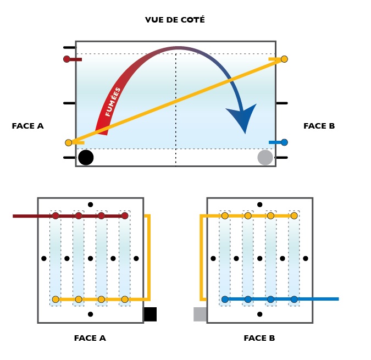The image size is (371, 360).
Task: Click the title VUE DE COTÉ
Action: point(175,20)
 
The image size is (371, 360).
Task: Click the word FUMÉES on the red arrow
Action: point(113,102)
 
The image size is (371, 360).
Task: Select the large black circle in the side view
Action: point(86,158)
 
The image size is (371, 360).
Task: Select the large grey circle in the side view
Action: point(265,158)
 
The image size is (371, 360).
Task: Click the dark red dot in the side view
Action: point(67,59)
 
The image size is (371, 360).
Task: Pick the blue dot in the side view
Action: point(284,142)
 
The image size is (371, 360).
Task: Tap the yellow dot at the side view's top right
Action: point(284,59)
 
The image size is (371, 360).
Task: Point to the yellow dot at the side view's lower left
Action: point(69,143)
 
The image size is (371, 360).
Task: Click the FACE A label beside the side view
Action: point(27,126)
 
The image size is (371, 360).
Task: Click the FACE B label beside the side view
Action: point(319,126)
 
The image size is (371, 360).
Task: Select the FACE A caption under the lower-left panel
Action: point(90,338)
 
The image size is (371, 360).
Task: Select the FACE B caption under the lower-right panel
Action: point(259,338)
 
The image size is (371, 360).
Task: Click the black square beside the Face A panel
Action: point(150,314)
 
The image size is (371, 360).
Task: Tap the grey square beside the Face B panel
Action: point(200,314)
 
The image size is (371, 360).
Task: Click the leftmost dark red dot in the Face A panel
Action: point(56,215)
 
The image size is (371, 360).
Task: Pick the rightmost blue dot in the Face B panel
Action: point(294,300)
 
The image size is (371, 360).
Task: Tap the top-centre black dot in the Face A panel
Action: point(90,204)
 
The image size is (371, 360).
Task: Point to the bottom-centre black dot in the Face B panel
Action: point(259,314)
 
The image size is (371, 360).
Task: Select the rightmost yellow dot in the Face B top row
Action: point(294,215)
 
